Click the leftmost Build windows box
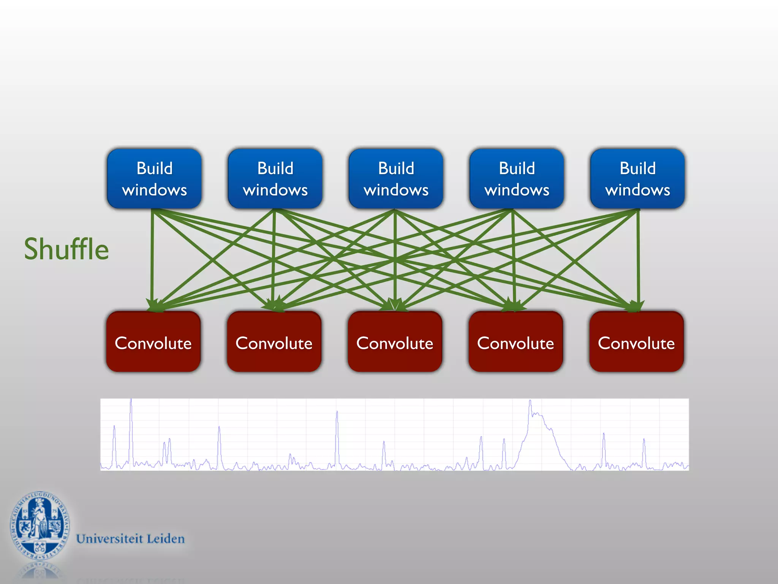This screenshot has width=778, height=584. click(154, 179)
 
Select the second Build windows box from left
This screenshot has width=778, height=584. click(275, 179)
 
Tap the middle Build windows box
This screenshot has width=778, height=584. click(396, 179)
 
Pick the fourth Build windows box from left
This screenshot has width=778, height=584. click(517, 179)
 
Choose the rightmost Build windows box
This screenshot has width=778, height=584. click(637, 179)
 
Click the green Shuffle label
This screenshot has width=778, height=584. click(66, 249)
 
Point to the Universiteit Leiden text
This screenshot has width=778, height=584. click(130, 539)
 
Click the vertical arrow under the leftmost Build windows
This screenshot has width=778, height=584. click(152, 259)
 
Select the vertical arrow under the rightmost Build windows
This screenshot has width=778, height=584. click(638, 259)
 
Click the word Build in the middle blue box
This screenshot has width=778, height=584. click(396, 168)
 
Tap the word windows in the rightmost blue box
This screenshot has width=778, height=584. click(637, 190)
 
